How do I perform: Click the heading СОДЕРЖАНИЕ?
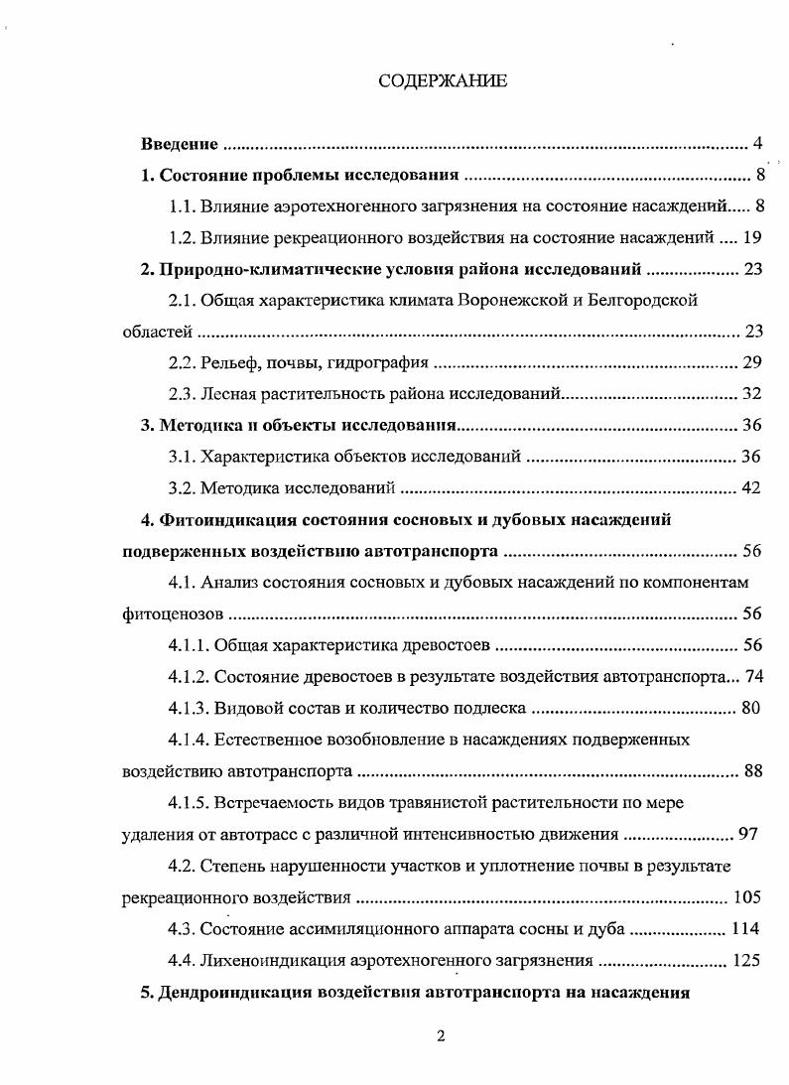point(443,81)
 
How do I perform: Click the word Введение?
point(179,145)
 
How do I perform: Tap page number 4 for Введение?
point(756,145)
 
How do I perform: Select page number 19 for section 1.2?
point(751,237)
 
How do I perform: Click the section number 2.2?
point(181,362)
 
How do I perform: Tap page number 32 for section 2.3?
point(751,394)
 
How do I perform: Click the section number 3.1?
point(181,457)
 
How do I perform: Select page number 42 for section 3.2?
point(751,488)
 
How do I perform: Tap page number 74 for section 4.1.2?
point(751,677)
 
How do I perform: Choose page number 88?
point(751,771)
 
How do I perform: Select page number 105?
point(745,897)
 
